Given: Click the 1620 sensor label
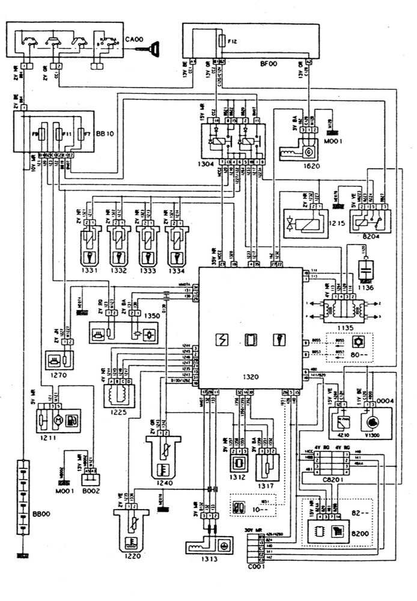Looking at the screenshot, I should (x=310, y=166).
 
